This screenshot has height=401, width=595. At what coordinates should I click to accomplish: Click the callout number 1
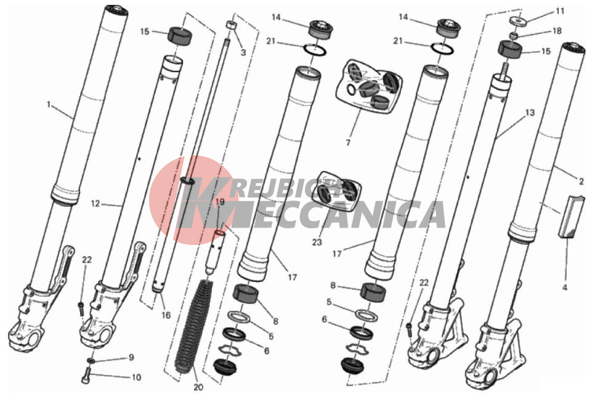pyautogui.click(x=48, y=104)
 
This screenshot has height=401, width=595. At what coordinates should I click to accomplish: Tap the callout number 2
pyautogui.click(x=581, y=182)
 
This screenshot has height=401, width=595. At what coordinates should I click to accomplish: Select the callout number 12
pyautogui.click(x=95, y=204)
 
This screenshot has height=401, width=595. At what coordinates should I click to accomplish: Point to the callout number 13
pyautogui.click(x=530, y=112)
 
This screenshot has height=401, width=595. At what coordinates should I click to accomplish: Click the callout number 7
pyautogui.click(x=348, y=143)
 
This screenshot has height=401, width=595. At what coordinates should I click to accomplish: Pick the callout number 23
pyautogui.click(x=317, y=242)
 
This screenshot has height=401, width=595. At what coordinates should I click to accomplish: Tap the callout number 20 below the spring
pyautogui.click(x=198, y=387)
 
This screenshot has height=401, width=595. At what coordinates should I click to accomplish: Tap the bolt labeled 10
pyautogui.click(x=86, y=376)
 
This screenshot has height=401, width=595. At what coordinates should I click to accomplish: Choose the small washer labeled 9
pyautogui.click(x=91, y=360)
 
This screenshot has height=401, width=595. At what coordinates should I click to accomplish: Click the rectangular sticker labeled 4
pyautogui.click(x=569, y=216)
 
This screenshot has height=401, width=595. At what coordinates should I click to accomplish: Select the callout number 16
pyautogui.click(x=166, y=315)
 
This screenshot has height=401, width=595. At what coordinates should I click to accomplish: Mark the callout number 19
pyautogui.click(x=220, y=202)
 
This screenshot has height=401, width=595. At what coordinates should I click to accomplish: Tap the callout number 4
pyautogui.click(x=564, y=287)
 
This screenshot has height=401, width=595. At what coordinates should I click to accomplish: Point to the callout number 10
pyautogui.click(x=136, y=378)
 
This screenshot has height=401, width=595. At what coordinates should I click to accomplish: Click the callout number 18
pyautogui.click(x=557, y=31)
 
